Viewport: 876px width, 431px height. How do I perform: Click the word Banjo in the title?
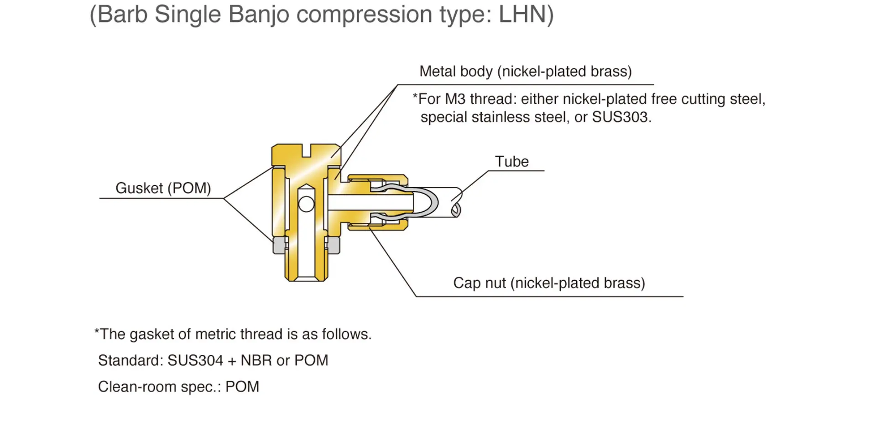click(x=259, y=15)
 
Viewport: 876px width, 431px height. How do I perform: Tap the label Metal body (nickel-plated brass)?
click(x=526, y=72)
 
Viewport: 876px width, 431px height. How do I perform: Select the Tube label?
click(x=512, y=162)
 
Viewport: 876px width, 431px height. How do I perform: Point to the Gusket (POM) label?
click(x=163, y=188)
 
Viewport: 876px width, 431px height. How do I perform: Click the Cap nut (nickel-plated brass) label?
click(x=549, y=283)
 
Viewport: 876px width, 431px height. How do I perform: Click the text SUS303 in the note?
click(x=620, y=117)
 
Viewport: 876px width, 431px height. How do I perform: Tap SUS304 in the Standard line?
click(x=195, y=361)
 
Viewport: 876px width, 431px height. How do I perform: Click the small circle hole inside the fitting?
click(x=306, y=204)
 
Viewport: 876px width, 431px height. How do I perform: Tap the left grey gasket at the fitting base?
click(x=279, y=245)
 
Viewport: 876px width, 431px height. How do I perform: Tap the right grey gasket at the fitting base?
click(x=334, y=245)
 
